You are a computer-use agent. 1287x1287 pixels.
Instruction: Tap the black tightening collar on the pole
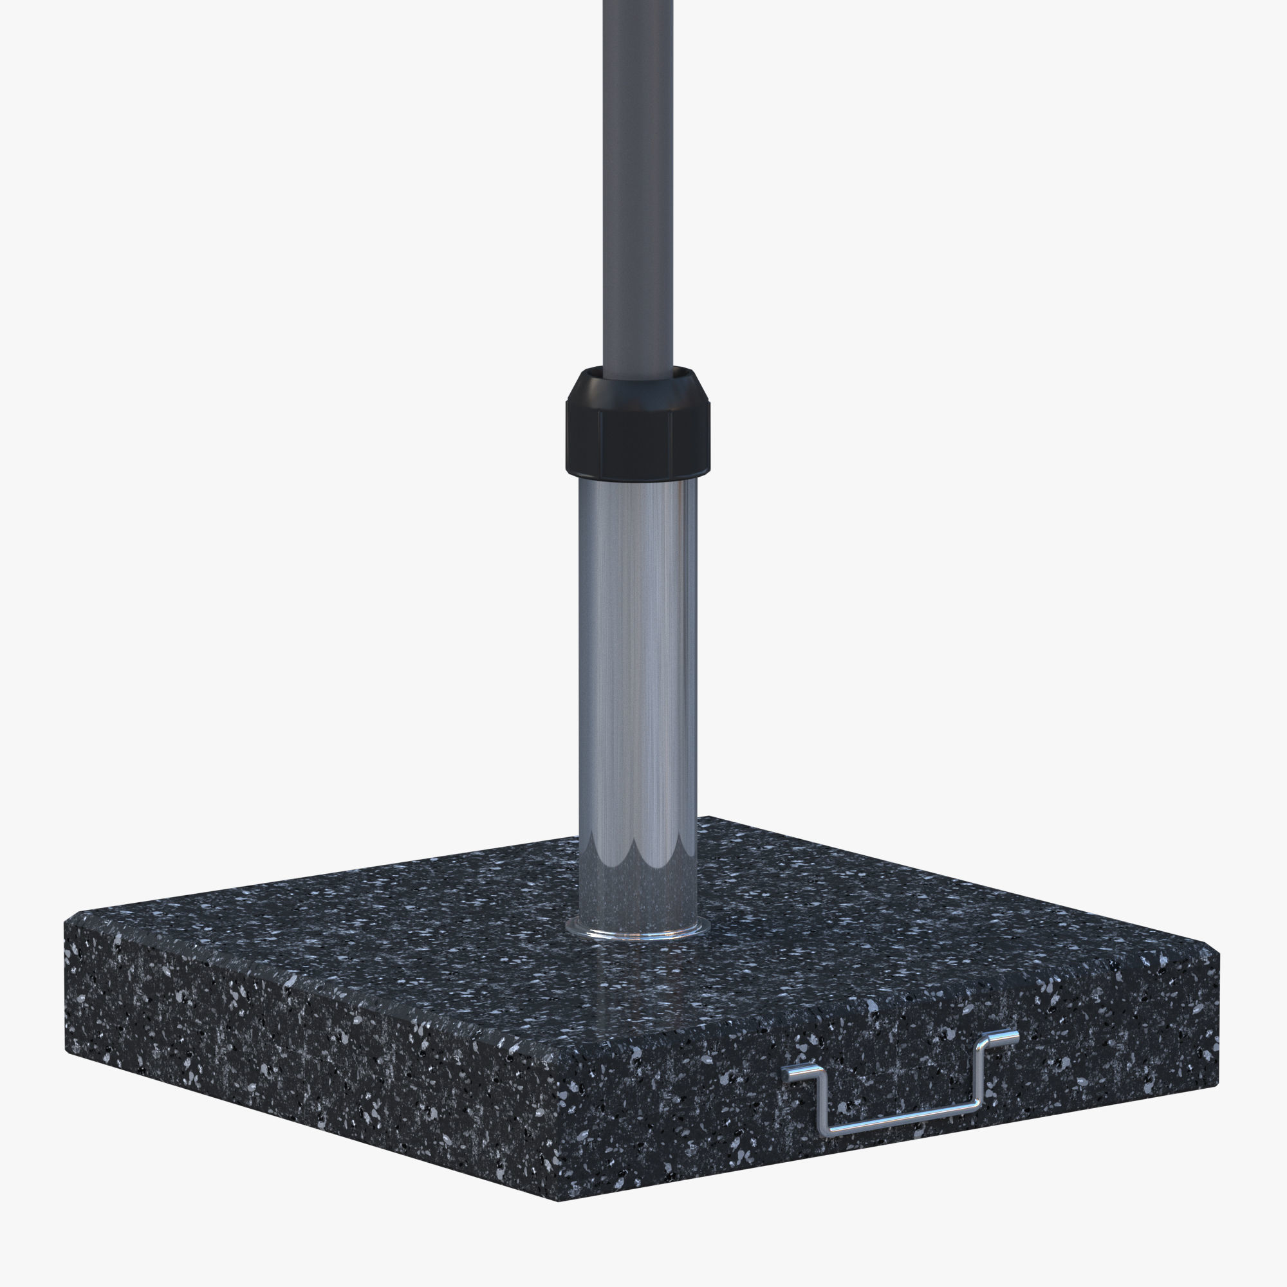(x=638, y=433)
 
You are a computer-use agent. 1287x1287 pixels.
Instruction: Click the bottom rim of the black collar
(x=638, y=471)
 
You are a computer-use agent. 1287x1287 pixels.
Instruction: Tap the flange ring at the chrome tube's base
(x=638, y=931)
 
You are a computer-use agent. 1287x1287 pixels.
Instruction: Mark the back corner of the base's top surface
(x=709, y=817)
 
